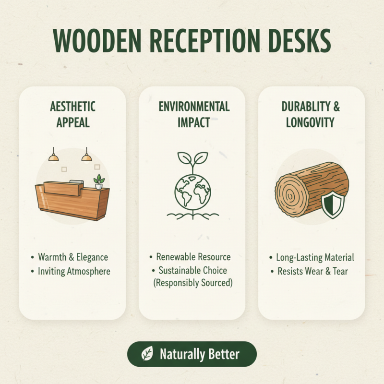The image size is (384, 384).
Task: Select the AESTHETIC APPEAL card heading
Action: [x=72, y=114]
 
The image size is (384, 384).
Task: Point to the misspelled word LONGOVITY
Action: [x=311, y=122]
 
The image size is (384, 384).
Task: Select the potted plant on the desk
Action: [x=99, y=182]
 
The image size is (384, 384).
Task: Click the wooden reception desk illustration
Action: [x=72, y=199]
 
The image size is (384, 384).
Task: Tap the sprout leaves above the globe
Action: [x=192, y=160]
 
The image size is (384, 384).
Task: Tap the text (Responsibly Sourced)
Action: [x=193, y=283]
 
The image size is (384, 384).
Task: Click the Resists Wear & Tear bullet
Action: [x=312, y=271]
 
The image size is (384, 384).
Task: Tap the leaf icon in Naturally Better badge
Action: [x=147, y=355]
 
